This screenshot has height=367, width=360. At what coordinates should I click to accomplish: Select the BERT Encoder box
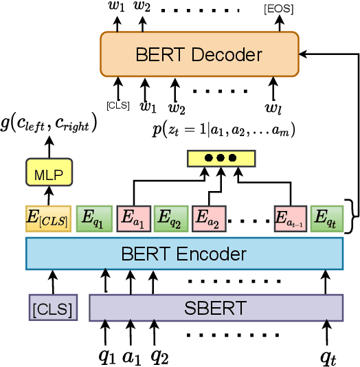[183, 254]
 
